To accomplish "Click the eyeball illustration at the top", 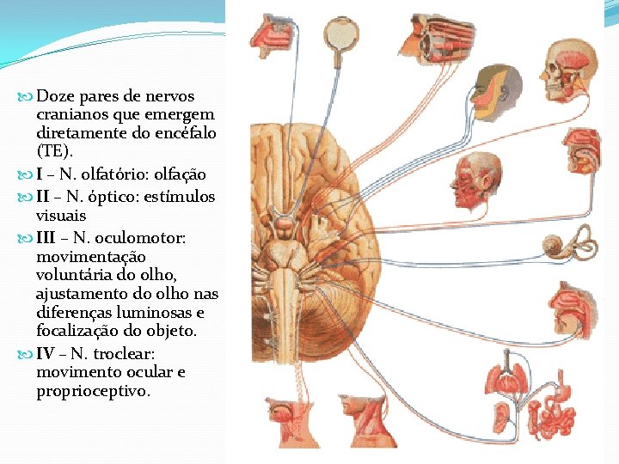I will click(343, 35).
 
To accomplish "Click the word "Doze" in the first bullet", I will click(56, 95).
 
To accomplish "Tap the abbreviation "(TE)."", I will click(49, 151).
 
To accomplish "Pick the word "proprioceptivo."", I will click(93, 391).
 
